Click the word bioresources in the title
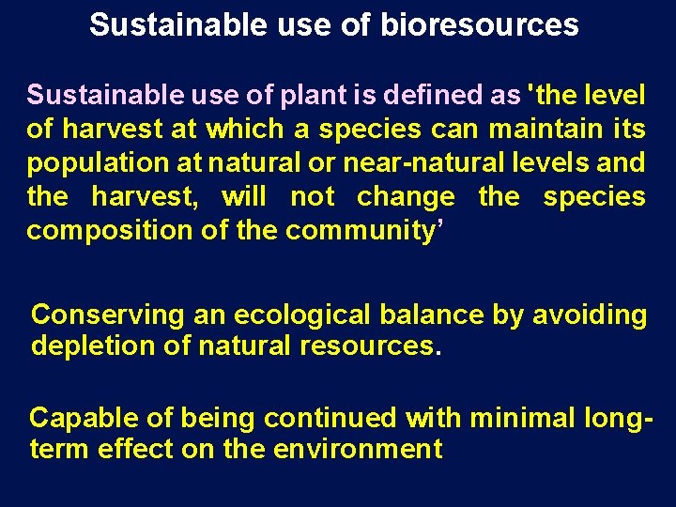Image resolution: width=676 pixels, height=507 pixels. tap(479, 25)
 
